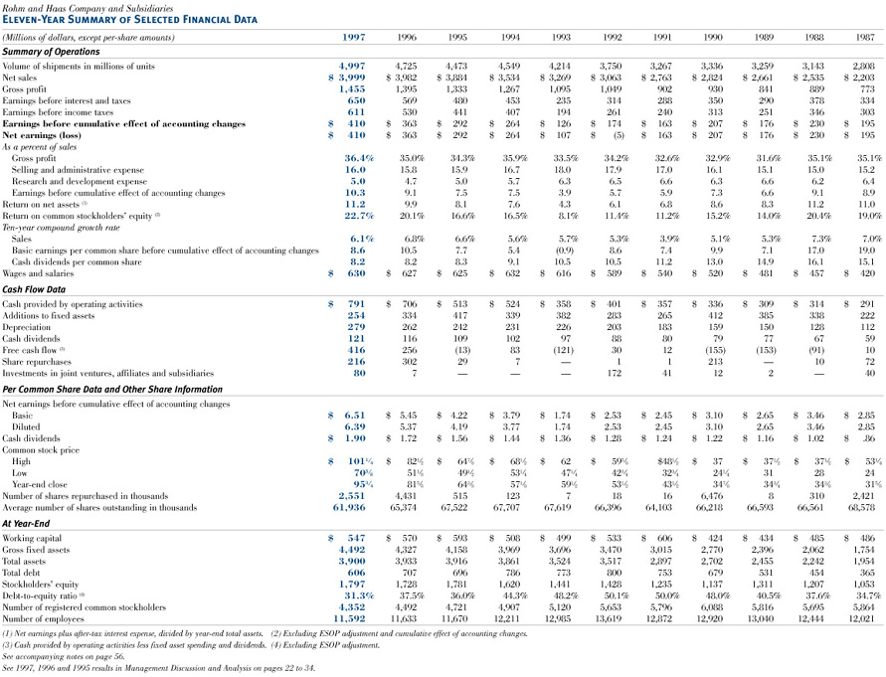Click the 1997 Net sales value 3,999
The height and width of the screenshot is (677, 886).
pos(350,77)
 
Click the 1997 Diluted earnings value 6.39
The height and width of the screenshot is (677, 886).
pos(354,426)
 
